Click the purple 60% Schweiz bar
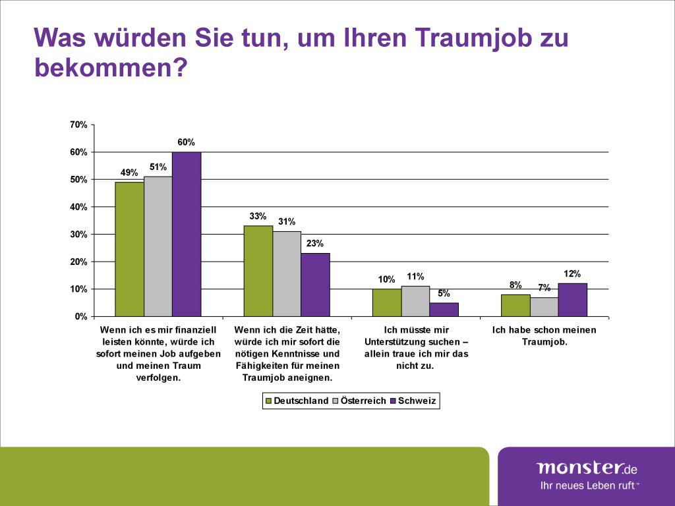tap(187, 234)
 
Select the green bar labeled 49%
tap(129, 249)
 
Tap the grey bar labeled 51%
tap(158, 246)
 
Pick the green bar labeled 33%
tap(258, 271)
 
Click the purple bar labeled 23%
tap(315, 285)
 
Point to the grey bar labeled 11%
tap(415, 301)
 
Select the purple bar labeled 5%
tap(444, 310)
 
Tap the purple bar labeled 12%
tap(572, 300)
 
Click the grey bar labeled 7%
tap(544, 307)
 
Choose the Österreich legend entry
tap(359, 401)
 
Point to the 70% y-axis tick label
tap(78, 125)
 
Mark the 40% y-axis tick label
tap(78, 207)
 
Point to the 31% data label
tap(287, 222)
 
